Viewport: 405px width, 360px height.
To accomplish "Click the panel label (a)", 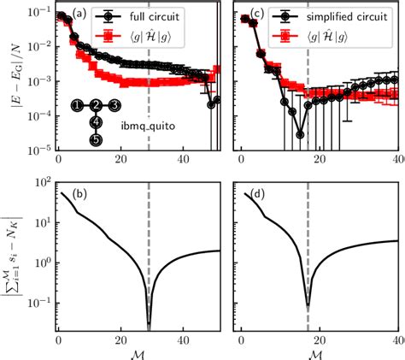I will (77, 14).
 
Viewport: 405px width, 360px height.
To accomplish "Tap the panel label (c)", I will (252, 14).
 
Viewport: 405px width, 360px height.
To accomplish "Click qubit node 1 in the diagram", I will (77, 105).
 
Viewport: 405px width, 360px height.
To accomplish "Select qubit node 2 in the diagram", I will (97, 105).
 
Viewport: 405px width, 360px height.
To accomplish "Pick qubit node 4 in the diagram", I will (97, 122).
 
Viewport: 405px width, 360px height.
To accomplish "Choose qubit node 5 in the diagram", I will (97, 139).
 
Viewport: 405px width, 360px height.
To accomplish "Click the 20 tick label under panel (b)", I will (120, 339).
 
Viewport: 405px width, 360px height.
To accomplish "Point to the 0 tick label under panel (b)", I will (57, 339).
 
